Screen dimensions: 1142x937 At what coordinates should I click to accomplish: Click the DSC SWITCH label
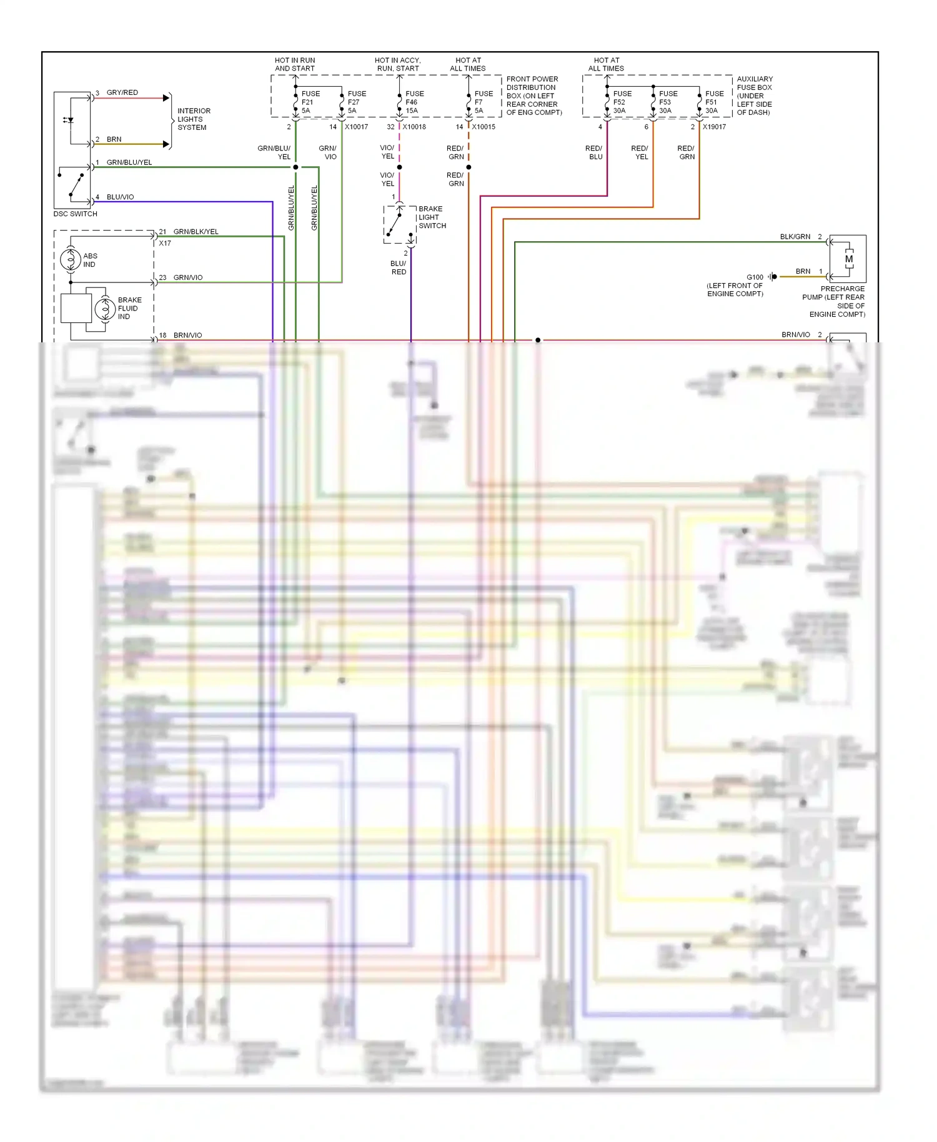click(76, 214)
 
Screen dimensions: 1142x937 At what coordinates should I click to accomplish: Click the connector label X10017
click(357, 127)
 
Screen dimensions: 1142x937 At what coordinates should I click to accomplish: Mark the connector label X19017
click(714, 127)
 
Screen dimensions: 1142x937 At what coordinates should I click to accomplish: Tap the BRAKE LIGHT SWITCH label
click(432, 217)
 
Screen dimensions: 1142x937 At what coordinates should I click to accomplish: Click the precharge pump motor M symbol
click(849, 259)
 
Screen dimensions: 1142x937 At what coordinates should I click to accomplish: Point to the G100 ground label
click(755, 277)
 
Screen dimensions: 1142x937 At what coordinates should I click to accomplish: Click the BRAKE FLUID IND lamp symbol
click(104, 309)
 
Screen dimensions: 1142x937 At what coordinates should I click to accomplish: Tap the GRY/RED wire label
click(122, 92)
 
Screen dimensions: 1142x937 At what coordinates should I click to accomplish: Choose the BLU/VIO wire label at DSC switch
click(120, 197)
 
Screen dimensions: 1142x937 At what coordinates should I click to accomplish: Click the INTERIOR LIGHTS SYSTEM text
click(194, 119)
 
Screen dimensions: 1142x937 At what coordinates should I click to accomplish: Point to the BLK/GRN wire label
click(795, 237)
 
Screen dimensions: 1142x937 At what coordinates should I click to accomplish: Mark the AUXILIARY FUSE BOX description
click(755, 96)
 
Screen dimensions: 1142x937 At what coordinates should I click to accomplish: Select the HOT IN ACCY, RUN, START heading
click(398, 64)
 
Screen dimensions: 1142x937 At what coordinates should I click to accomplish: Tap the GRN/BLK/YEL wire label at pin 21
click(196, 232)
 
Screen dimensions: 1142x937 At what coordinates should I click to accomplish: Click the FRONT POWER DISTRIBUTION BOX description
click(533, 96)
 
